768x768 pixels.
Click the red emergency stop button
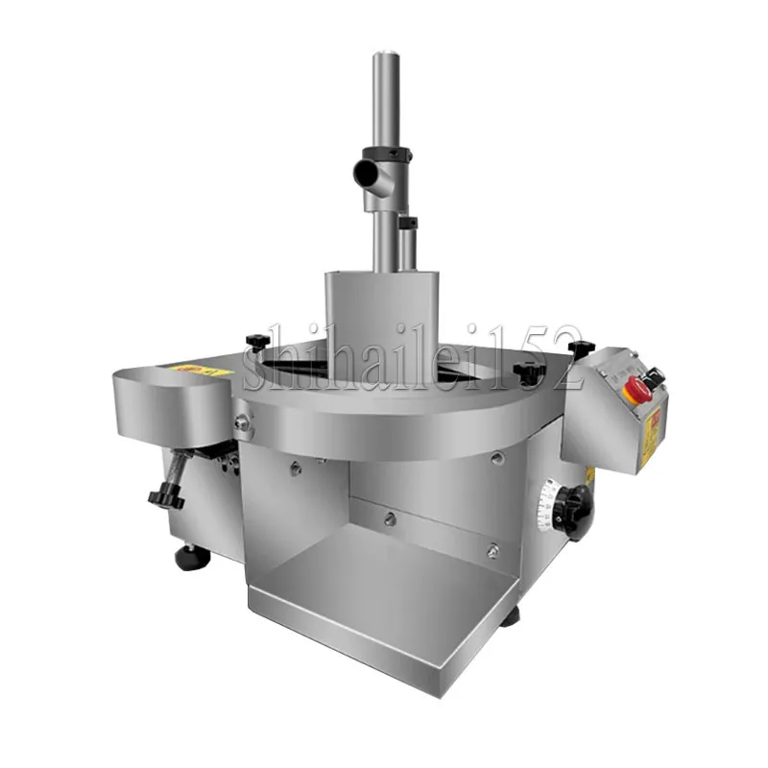(x=636, y=389)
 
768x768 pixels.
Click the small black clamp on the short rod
(x=409, y=223)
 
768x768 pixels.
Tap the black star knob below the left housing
(x=166, y=496)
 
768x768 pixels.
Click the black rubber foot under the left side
(x=187, y=555)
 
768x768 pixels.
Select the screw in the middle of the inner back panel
(x=389, y=518)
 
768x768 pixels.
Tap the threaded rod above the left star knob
(x=180, y=469)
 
